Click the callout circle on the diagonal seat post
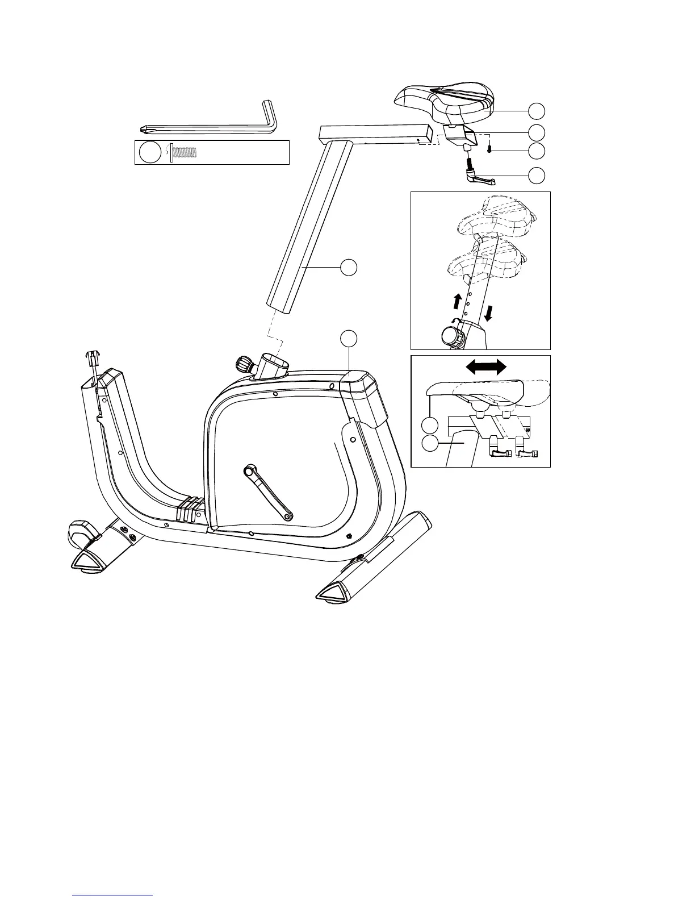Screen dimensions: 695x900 349,268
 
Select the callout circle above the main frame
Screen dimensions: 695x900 349,338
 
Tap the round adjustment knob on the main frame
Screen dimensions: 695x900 242,363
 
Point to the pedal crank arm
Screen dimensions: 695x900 268,492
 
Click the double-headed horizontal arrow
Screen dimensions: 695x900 487,367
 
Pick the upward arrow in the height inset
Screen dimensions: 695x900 457,299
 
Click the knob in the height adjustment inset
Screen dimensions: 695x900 451,336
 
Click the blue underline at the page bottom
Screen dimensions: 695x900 113,894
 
